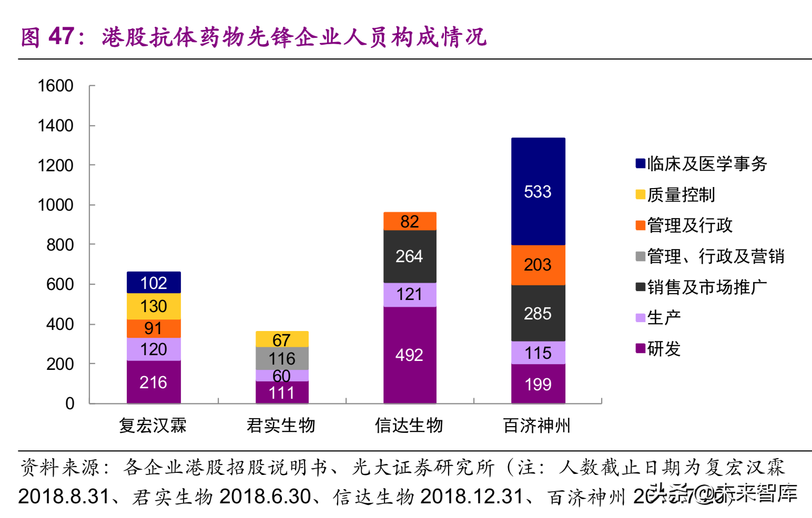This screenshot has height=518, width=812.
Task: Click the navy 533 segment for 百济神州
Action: tap(538, 192)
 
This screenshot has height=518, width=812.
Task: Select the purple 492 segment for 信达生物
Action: tap(410, 355)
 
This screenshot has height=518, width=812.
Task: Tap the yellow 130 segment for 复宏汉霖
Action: tap(154, 306)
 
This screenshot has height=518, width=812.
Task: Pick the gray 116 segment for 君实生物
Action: tap(282, 358)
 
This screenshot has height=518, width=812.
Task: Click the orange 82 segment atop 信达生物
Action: tap(410, 221)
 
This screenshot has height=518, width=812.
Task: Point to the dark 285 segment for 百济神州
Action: tap(538, 314)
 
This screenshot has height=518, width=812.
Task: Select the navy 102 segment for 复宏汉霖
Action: tap(154, 283)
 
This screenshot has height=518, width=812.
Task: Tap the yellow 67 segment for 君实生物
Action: tap(282, 339)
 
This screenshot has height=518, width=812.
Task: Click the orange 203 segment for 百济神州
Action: tap(538, 265)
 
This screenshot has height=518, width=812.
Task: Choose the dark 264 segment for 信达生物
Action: tap(410, 256)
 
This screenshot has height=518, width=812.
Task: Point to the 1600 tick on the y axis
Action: tap(56, 86)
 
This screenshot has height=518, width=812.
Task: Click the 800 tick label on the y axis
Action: tap(60, 245)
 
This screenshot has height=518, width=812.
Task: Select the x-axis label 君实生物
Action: tap(281, 425)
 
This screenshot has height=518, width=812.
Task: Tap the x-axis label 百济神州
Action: tap(537, 425)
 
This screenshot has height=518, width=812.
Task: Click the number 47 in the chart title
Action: tap(62, 37)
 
